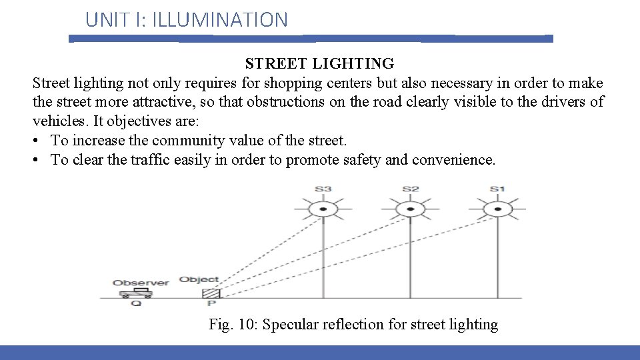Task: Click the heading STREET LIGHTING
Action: (x=319, y=64)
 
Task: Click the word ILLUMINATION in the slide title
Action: (x=220, y=20)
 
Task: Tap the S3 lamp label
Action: (x=323, y=189)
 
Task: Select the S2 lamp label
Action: (x=411, y=189)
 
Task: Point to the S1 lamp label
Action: (x=497, y=189)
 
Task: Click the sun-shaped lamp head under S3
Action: (x=323, y=209)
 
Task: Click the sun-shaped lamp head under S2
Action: (x=411, y=209)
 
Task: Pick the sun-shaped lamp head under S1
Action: (x=497, y=209)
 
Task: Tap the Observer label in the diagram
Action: (x=141, y=283)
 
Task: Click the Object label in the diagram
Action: (x=199, y=280)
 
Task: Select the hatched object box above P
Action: (x=211, y=293)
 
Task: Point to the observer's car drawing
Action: (x=135, y=293)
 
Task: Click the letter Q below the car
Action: (x=135, y=303)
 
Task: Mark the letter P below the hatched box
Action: (x=211, y=303)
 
